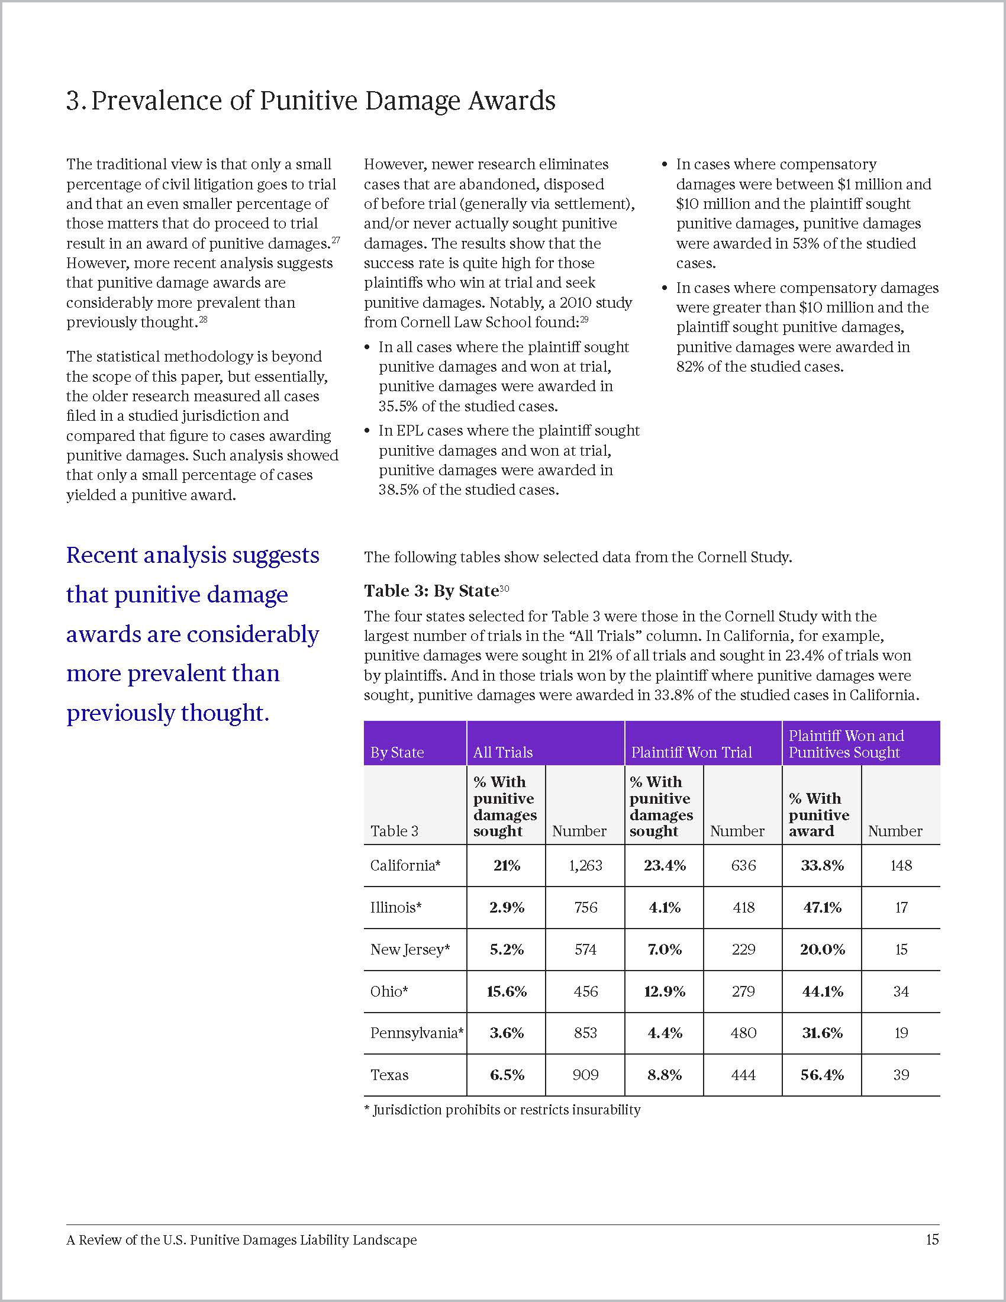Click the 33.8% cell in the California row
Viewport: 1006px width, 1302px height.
click(822, 865)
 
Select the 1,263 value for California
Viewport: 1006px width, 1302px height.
click(585, 865)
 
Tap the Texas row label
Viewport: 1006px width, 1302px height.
click(389, 1075)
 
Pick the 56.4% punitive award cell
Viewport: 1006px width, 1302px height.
click(822, 1075)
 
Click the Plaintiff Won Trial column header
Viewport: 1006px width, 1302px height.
click(691, 752)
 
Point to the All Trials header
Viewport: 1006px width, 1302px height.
click(503, 752)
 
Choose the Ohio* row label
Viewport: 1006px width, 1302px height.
click(389, 991)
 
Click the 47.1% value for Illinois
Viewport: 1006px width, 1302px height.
click(822, 907)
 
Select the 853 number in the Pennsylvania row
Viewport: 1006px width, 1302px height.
click(585, 1033)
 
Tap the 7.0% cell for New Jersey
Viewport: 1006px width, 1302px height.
click(665, 949)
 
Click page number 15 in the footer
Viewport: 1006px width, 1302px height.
click(932, 1240)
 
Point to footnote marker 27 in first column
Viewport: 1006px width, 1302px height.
click(336, 240)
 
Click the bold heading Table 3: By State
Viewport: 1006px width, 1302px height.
click(431, 591)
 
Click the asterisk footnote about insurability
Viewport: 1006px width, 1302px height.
click(502, 1110)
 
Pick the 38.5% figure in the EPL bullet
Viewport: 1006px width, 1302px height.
click(398, 490)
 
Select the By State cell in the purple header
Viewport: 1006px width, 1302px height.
click(397, 752)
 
